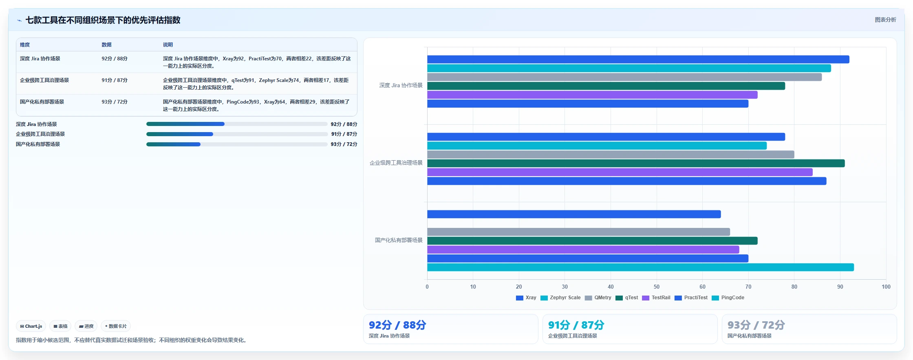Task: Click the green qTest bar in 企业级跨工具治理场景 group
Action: (x=636, y=163)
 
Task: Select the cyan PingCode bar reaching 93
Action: (x=640, y=267)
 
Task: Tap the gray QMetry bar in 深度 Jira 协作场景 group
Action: (x=624, y=77)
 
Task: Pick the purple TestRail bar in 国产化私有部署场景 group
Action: (x=583, y=250)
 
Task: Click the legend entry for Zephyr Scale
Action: (x=560, y=298)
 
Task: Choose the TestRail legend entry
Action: (x=656, y=298)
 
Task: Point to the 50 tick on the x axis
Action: (x=657, y=287)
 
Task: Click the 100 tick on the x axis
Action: (x=886, y=287)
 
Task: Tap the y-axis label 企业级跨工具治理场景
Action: (x=396, y=163)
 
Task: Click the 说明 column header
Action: (x=168, y=45)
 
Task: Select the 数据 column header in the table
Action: (x=107, y=45)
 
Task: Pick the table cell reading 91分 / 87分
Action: (x=115, y=80)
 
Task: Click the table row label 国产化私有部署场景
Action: (x=42, y=102)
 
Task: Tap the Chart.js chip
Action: (x=31, y=326)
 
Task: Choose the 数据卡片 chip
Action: (x=116, y=326)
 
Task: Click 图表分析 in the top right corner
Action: (x=885, y=20)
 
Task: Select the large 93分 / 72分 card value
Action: (x=756, y=325)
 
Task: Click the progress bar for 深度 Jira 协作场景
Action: (x=237, y=124)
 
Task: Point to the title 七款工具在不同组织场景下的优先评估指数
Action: (x=103, y=20)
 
